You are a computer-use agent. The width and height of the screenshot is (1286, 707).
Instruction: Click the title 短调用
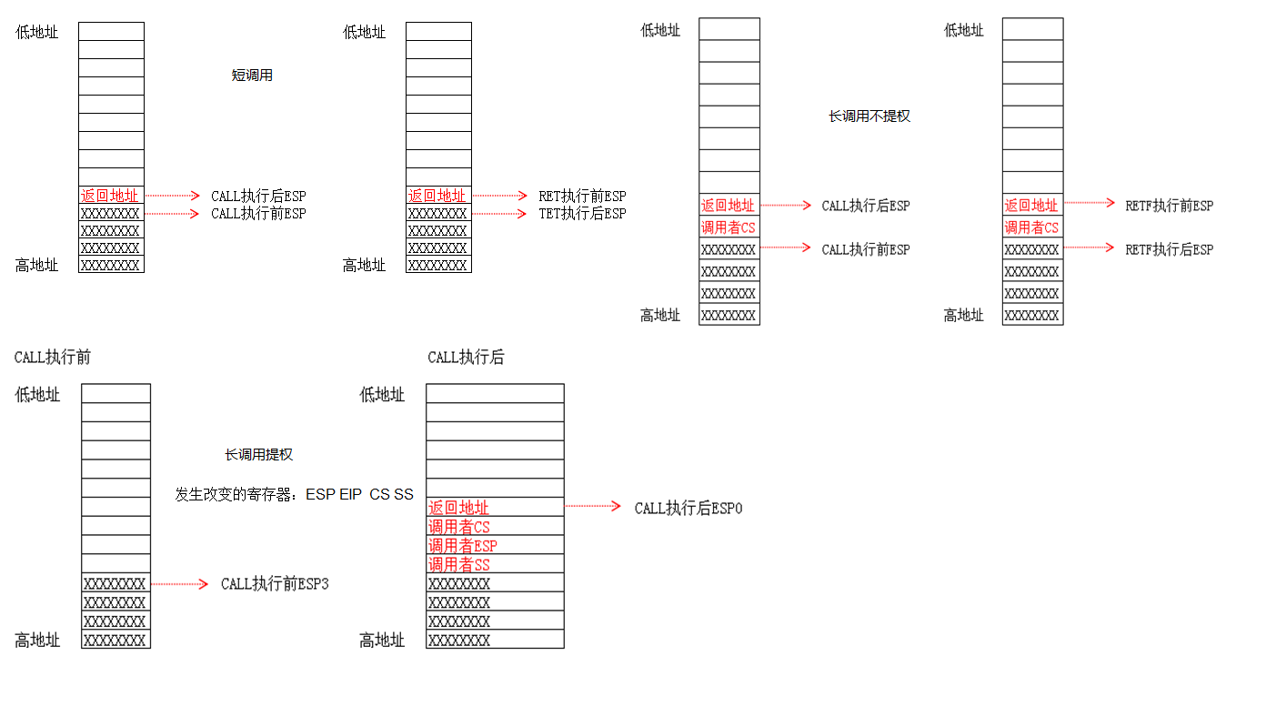pyautogui.click(x=252, y=76)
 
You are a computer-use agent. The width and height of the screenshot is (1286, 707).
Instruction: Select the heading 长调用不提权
pyautogui.click(x=869, y=116)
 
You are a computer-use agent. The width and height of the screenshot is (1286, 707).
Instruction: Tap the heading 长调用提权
pyautogui.click(x=259, y=455)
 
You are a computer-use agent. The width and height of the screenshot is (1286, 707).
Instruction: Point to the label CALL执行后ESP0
pyautogui.click(x=688, y=509)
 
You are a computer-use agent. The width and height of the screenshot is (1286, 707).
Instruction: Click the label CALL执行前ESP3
pyautogui.click(x=275, y=584)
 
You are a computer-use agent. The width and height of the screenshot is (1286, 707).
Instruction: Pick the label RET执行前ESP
pyautogui.click(x=582, y=197)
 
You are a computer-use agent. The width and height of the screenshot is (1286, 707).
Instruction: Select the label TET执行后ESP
pyautogui.click(x=582, y=214)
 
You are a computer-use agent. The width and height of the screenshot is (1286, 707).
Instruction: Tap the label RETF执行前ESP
pyautogui.click(x=1169, y=206)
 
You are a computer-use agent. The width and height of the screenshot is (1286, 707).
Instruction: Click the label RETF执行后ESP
pyautogui.click(x=1169, y=249)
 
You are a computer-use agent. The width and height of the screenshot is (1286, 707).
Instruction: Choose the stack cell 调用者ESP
pyautogui.click(x=463, y=546)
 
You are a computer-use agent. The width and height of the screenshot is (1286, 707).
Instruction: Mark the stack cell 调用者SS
pyautogui.click(x=459, y=565)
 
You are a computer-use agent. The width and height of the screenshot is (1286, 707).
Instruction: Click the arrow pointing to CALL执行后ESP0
pyautogui.click(x=593, y=507)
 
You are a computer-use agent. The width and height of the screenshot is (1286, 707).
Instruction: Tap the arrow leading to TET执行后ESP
pyautogui.click(x=499, y=214)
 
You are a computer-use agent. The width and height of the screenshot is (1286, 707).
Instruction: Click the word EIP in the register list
pyautogui.click(x=350, y=495)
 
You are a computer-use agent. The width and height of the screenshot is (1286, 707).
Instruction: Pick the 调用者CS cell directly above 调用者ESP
pyautogui.click(x=459, y=527)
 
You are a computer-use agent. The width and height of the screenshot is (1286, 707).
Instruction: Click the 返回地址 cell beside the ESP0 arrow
pyautogui.click(x=459, y=508)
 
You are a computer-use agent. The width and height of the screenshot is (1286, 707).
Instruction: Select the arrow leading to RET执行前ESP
pyautogui.click(x=499, y=196)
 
